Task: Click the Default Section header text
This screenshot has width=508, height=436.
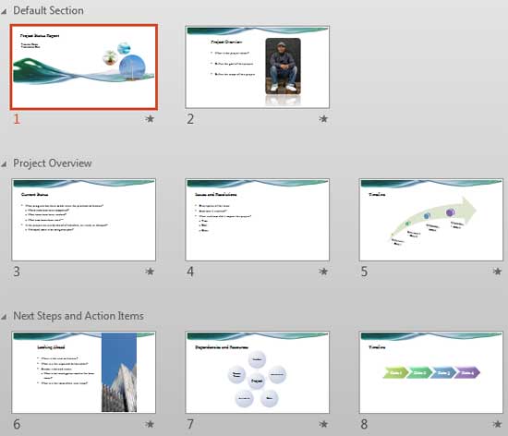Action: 48,10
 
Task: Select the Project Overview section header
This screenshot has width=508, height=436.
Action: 53,163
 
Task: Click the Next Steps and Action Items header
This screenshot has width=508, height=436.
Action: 79,316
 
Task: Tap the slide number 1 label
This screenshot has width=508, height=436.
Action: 17,118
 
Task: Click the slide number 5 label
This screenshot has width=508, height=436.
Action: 364,272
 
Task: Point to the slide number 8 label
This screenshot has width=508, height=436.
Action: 364,424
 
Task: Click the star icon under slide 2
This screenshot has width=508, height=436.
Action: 323,119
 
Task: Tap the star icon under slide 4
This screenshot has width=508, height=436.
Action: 323,272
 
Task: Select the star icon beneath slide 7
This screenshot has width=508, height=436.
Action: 323,424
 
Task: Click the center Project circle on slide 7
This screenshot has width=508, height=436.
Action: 258,381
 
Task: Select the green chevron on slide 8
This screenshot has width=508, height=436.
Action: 395,372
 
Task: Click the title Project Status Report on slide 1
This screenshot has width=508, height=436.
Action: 46,34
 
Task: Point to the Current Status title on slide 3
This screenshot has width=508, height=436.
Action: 35,195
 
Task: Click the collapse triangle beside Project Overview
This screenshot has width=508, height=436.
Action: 6,163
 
